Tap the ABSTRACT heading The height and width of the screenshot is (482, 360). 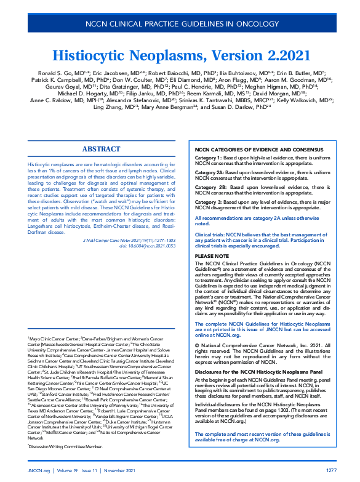tap(101, 149)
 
